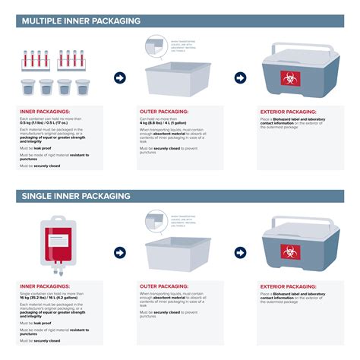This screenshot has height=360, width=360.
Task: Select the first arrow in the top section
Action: click(x=119, y=78)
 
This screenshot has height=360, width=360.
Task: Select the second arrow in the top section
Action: click(x=240, y=78)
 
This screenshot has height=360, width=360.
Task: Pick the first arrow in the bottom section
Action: click(x=119, y=252)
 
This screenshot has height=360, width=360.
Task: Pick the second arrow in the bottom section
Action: click(x=240, y=252)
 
